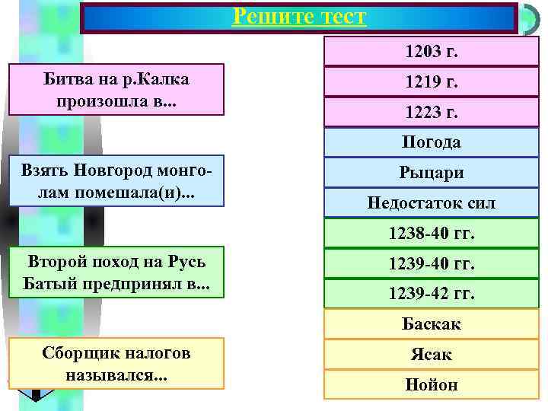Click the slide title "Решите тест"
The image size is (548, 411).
(x=298, y=16)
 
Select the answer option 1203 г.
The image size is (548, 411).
(x=431, y=52)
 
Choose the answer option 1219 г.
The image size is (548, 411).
(x=431, y=82)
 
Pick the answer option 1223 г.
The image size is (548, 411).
(x=431, y=113)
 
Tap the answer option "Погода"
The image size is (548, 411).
(x=431, y=142)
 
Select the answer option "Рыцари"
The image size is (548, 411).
(x=431, y=173)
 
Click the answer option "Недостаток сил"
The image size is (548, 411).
(x=431, y=203)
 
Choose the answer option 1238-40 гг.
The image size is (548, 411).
(x=431, y=233)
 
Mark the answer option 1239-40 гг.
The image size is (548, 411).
(x=431, y=263)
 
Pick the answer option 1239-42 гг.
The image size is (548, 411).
(x=431, y=294)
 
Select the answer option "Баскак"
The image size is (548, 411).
(x=431, y=324)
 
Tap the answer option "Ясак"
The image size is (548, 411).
(x=431, y=354)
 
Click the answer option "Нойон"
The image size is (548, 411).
(x=431, y=384)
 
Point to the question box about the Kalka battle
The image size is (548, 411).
(x=117, y=89)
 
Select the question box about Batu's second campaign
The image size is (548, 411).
(x=117, y=272)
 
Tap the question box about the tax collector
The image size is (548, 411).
(x=117, y=363)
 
